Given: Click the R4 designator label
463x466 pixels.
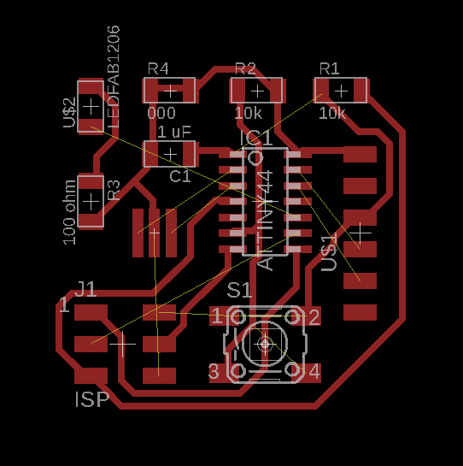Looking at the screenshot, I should click(158, 68).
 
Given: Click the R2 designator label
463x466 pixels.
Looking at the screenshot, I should click(245, 68).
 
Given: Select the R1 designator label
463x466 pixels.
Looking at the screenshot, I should click(329, 68).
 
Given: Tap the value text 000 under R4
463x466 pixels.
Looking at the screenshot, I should click(161, 113).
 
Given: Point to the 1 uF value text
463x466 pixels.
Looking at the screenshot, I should click(174, 132).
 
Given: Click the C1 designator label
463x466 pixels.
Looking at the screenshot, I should click(180, 176).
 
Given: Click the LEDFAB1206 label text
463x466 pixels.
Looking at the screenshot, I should click(114, 77).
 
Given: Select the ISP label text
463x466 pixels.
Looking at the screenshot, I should click(92, 399).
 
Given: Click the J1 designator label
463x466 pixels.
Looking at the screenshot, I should click(85, 289).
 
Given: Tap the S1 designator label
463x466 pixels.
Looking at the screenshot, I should click(239, 290).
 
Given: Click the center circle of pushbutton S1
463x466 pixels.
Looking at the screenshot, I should click(264, 344).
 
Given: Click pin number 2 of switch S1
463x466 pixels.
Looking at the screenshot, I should click(314, 318).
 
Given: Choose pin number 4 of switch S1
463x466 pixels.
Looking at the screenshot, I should click(314, 372).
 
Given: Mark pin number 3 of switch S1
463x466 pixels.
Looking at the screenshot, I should click(214, 372).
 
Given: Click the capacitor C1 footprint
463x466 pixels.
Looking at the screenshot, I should click(171, 154).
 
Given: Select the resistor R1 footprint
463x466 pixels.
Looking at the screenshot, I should click(342, 90).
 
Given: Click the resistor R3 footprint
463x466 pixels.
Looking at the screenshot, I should click(91, 201).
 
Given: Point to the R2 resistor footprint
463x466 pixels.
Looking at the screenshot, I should click(257, 90).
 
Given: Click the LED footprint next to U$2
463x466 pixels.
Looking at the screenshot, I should click(91, 106).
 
